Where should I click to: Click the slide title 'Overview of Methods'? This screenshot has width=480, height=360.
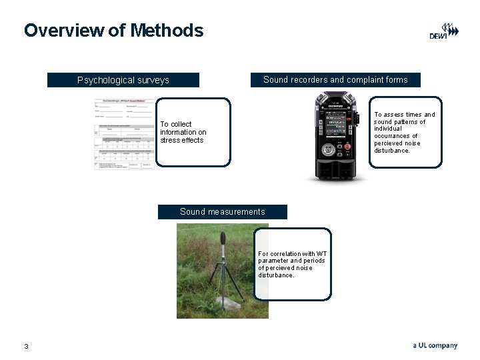pos(113,30)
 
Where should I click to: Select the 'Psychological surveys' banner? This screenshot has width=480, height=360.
pos(123,80)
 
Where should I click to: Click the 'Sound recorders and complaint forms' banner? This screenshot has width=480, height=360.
pos(335,79)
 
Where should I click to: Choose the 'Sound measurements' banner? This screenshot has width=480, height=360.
pos(222,212)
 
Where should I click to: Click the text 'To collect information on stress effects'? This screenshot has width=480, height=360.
pos(183,132)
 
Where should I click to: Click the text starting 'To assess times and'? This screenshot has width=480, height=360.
pos(405,115)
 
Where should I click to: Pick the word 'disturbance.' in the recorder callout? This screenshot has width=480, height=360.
pos(392,151)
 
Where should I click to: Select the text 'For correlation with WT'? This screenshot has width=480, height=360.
pos(293,253)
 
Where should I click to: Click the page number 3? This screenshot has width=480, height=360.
pos(26,346)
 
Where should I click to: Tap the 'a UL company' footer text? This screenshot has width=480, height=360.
pos(435,345)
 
